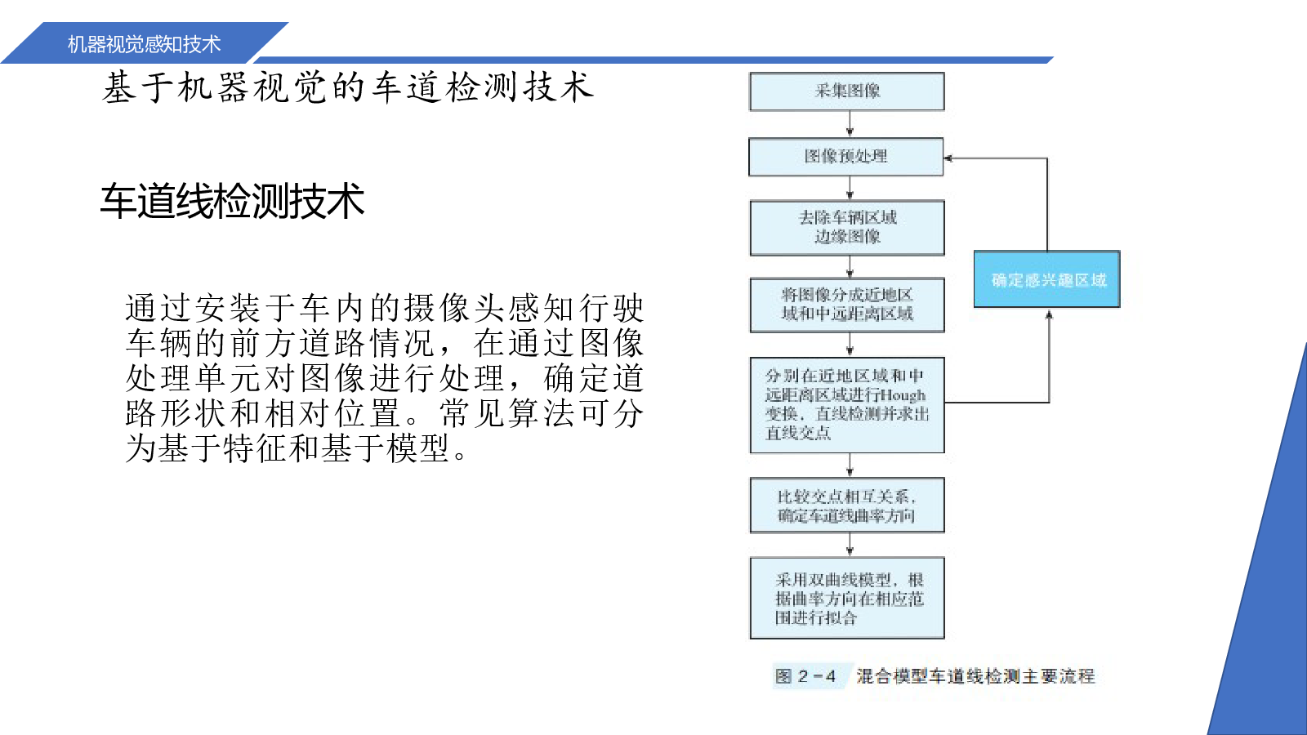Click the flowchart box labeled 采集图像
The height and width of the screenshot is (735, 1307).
(x=846, y=91)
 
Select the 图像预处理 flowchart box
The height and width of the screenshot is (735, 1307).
(x=846, y=157)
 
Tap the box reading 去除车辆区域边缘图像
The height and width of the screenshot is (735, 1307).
(x=847, y=228)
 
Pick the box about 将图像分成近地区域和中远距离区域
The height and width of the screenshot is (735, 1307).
(x=847, y=305)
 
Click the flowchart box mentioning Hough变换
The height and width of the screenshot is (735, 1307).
(x=847, y=405)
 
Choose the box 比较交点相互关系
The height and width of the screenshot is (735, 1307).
(x=847, y=506)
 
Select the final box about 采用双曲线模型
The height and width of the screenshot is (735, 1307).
(x=847, y=598)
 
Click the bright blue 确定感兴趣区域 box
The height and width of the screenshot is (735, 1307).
(x=1046, y=279)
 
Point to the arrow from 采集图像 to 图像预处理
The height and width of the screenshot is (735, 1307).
(x=850, y=124)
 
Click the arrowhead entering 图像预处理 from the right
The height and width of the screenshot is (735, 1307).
(x=948, y=158)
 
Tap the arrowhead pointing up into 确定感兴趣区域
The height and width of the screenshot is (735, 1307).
(x=1049, y=314)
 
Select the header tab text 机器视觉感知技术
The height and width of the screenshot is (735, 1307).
(x=144, y=44)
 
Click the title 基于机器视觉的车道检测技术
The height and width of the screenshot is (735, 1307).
(x=348, y=87)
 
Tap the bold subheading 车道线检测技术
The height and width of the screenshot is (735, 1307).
(x=232, y=201)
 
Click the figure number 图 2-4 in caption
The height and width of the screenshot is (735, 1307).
(x=805, y=677)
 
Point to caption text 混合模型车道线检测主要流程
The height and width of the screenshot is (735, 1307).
(x=975, y=677)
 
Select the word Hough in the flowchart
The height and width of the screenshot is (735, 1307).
(x=903, y=395)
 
